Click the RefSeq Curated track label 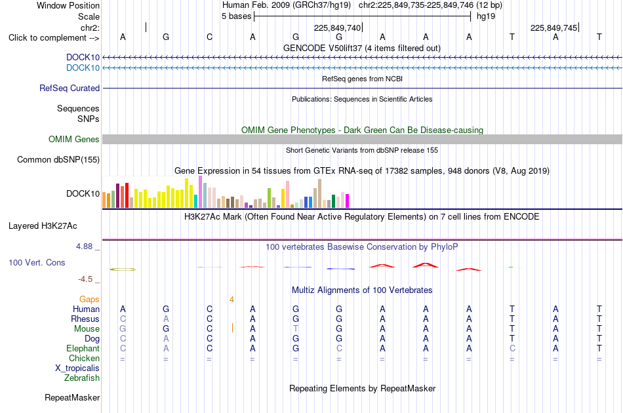70,88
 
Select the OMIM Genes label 74,140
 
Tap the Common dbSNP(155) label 58,160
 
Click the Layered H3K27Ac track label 43,226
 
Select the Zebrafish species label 82,378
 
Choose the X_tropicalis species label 77,368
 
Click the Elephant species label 83,348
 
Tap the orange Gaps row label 89,300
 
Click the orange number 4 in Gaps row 231,300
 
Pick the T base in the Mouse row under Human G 296,329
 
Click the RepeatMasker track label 72,397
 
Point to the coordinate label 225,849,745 553,28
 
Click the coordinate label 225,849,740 337,28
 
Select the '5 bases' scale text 236,16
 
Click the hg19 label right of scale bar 486,16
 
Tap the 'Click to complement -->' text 54,38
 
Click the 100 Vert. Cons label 37,262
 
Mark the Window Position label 68,5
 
